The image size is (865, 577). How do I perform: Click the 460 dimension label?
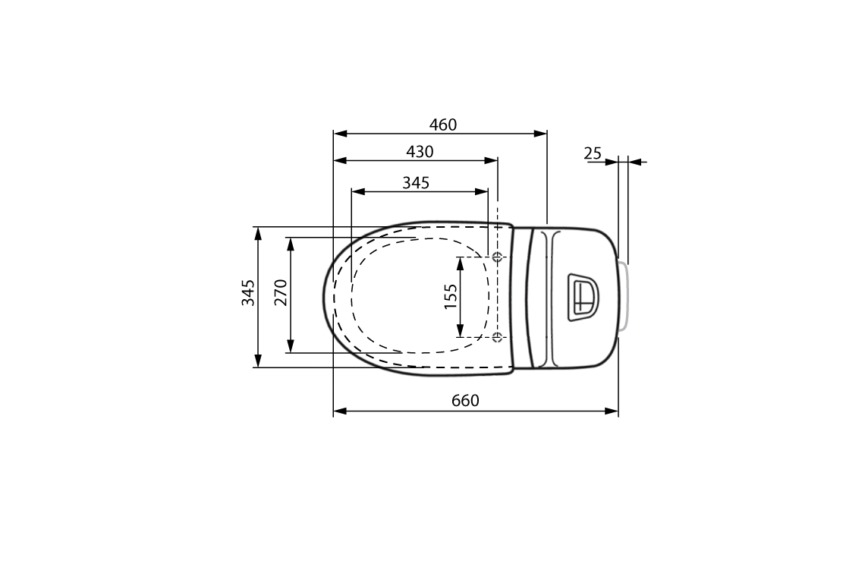443,125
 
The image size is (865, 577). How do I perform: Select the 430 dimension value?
420,152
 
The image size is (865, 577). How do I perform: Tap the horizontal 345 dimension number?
416,182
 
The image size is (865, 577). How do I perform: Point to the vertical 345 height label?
248,292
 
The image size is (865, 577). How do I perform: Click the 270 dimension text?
280,292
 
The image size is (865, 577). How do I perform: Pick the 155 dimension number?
451,296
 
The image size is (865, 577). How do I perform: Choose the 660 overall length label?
465,400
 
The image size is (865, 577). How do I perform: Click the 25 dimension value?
593,153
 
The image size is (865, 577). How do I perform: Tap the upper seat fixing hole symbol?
497,257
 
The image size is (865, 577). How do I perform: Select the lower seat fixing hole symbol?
497,336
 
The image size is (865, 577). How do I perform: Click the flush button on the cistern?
583,297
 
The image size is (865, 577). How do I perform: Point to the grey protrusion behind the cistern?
624,297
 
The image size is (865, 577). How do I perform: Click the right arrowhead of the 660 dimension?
612,411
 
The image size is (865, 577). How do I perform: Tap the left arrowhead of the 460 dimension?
340,134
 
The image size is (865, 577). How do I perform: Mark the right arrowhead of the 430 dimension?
492,160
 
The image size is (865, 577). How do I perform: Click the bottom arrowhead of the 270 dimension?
290,347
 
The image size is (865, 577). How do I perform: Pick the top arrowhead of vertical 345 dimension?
259,232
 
